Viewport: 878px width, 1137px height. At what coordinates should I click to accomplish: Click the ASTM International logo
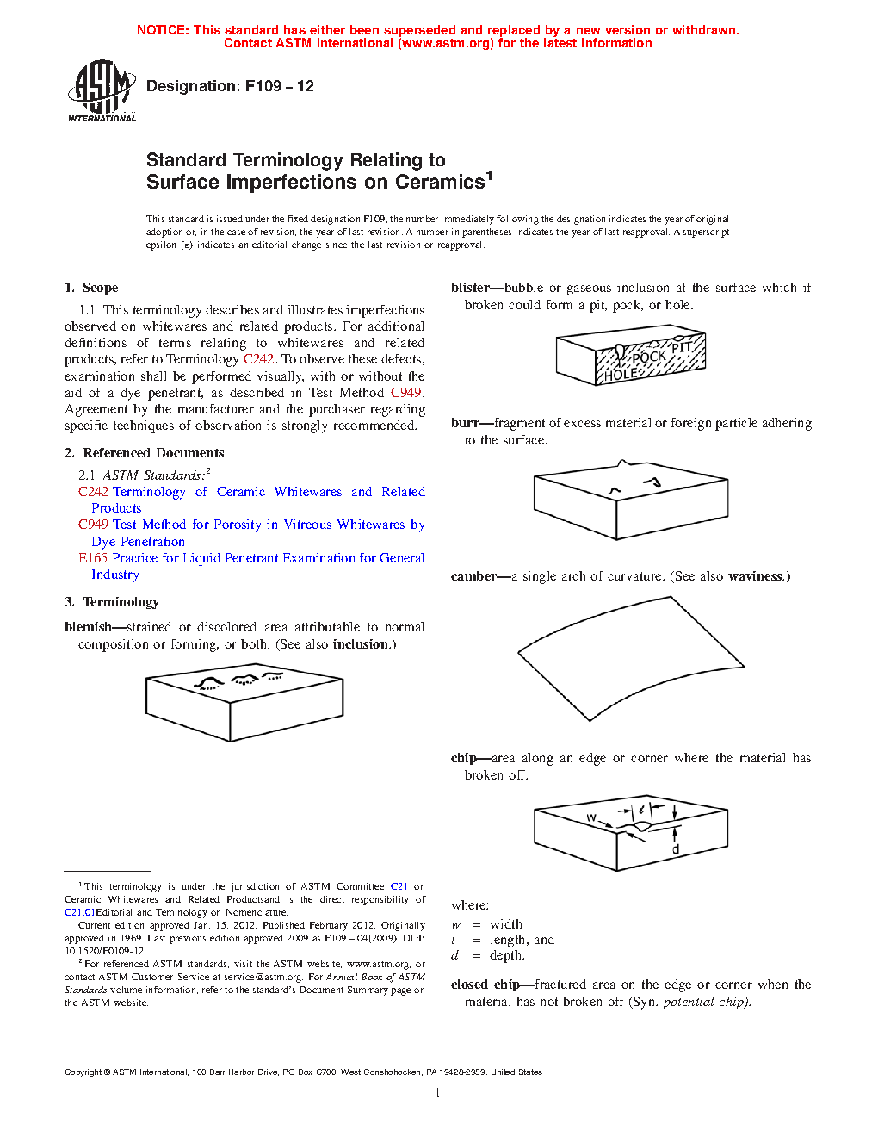coord(102,90)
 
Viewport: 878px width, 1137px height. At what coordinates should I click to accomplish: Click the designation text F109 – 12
coord(230,86)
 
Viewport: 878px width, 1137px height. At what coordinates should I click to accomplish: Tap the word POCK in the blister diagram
coord(648,357)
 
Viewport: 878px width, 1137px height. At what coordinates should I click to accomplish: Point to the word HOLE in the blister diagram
coord(620,375)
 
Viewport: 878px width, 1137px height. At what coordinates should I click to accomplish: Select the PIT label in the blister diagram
coord(682,347)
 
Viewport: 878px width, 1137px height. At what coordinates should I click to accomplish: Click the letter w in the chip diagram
coord(591,817)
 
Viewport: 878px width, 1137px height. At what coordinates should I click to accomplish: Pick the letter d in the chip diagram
coord(676,849)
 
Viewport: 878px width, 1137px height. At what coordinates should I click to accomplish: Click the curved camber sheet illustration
coord(630,658)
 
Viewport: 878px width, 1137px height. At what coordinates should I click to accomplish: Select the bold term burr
coord(464,423)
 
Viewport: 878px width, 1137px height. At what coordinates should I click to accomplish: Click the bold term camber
coord(473,576)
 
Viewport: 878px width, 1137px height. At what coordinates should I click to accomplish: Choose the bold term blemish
coord(88,627)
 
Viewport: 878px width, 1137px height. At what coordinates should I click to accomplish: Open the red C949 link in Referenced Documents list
coord(93,525)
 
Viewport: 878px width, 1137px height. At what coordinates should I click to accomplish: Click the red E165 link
coord(93,558)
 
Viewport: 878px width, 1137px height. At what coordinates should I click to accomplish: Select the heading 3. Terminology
coord(112,602)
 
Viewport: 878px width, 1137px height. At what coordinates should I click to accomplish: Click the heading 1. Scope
coord(91,288)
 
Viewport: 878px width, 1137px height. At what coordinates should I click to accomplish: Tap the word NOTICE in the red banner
coord(162,30)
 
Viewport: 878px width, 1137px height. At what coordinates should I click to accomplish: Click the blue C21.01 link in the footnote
coord(79,912)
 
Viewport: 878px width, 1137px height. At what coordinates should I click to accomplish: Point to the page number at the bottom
coord(438,1093)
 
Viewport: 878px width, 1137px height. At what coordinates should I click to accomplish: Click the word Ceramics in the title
coord(440,183)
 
